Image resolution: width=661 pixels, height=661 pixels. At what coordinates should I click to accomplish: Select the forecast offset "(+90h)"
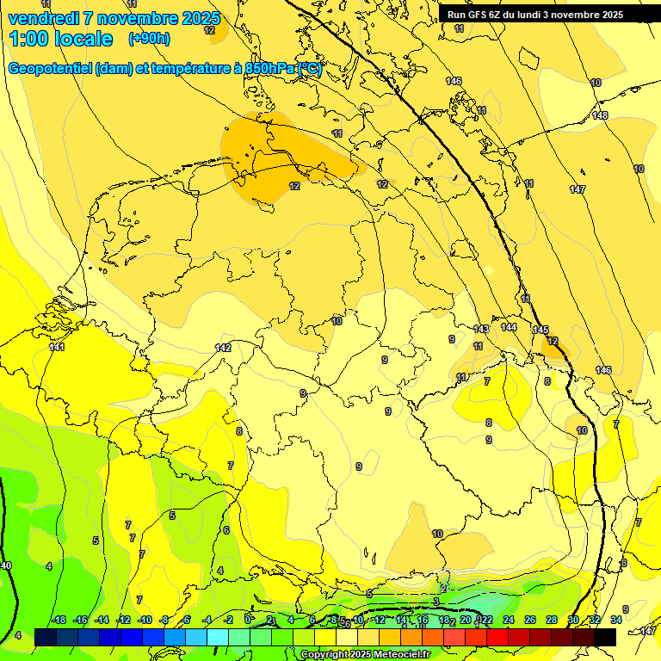pos(149,39)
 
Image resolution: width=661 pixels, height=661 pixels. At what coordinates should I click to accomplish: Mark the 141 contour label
pos(58,348)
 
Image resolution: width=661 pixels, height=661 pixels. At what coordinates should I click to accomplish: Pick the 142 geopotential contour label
pos(223,348)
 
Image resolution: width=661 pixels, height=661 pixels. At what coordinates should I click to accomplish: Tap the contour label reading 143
pos(482,329)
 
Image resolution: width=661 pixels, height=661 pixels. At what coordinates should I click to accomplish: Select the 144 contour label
pos(509,327)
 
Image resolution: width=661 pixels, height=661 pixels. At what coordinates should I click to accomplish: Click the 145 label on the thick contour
pos(541,330)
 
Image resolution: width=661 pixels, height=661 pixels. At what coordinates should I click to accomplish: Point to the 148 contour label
pos(600,115)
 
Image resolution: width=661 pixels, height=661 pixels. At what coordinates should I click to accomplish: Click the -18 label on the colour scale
pos(59,620)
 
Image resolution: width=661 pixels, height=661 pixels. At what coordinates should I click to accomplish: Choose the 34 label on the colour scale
pos(616,620)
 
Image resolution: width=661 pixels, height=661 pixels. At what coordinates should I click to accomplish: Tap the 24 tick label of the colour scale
pos(509,620)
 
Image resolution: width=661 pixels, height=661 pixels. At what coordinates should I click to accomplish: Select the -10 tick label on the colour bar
pos(144,620)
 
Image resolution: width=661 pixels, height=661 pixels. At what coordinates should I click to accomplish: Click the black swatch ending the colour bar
pos(605,637)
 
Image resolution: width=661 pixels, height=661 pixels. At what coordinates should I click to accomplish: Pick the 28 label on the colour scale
pos(552,620)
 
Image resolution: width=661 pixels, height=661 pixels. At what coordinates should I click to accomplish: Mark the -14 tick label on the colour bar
pos(102,620)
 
